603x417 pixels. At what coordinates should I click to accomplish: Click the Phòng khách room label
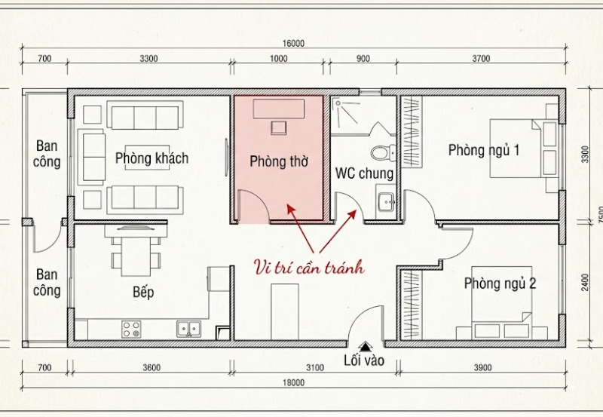(152, 158)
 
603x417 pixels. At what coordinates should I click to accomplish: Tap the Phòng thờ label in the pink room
(279, 161)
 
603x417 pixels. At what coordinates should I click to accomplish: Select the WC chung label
(364, 174)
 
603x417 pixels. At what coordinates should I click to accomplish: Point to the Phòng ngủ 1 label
(484, 150)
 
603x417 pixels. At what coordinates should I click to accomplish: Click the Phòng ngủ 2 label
(500, 284)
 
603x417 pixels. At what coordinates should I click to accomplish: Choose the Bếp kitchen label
(142, 292)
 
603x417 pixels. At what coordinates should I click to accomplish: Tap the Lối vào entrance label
(363, 360)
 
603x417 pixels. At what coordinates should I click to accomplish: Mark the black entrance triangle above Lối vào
(366, 346)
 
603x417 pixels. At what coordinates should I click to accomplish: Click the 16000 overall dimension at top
(293, 43)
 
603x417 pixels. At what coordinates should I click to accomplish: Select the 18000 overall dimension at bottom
(293, 383)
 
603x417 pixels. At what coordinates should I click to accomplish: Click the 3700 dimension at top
(480, 58)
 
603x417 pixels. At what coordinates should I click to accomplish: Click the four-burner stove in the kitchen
(131, 329)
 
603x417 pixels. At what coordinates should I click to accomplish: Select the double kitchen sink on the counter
(188, 329)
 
